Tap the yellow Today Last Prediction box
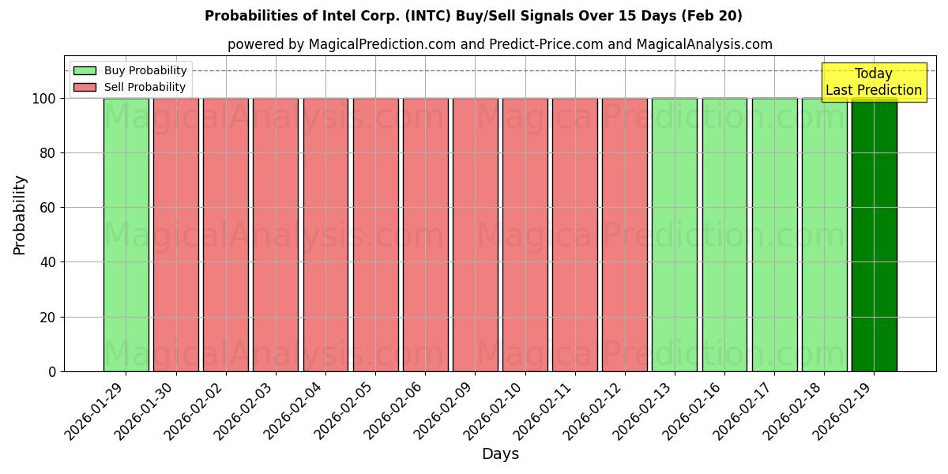(x=874, y=82)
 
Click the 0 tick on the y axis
(x=52, y=371)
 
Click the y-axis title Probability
(x=20, y=214)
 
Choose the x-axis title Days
(x=500, y=454)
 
